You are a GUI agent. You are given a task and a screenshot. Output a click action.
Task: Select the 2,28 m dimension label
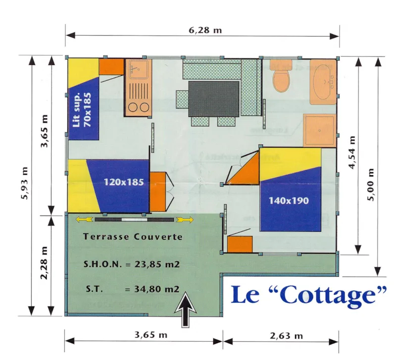pyautogui.click(x=45, y=263)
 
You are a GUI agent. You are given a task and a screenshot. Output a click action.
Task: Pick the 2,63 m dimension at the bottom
pyautogui.click(x=287, y=336)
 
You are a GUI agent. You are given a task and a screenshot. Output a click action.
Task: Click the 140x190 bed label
pyautogui.click(x=289, y=201)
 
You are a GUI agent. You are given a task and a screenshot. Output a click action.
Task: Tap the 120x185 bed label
pyautogui.click(x=124, y=182)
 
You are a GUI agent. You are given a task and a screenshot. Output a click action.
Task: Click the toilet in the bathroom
pyautogui.click(x=281, y=80)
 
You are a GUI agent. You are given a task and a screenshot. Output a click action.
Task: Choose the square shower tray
pyautogui.click(x=319, y=130)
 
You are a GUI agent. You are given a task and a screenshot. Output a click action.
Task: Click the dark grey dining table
pyautogui.click(x=214, y=98)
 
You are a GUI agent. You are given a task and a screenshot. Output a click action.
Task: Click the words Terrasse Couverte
pyautogui.click(x=133, y=237)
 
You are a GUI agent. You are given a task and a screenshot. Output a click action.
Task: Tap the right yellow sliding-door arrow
pyautogui.click(x=184, y=219)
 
